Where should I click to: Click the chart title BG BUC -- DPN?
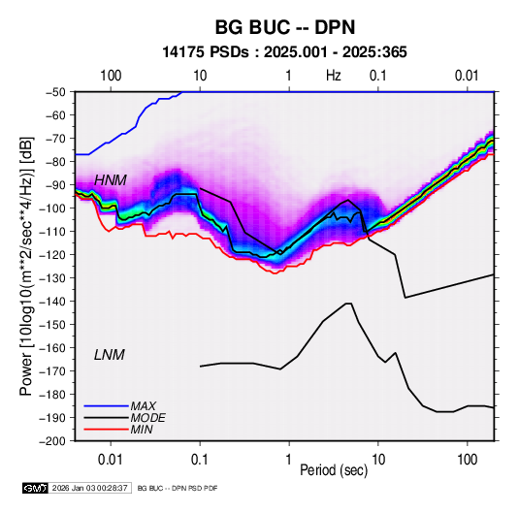(285, 27)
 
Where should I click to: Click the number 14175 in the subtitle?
(183, 52)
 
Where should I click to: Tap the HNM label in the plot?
(111, 180)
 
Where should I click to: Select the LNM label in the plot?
(110, 355)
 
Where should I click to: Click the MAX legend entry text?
(144, 406)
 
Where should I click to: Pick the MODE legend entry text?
(148, 418)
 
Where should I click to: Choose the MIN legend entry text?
(142, 430)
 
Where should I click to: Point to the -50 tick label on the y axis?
(56, 92)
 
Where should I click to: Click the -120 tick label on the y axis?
(53, 254)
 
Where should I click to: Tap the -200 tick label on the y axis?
(53, 441)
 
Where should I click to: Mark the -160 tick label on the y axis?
(53, 348)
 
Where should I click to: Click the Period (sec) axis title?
(334, 470)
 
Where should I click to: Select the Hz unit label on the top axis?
(334, 76)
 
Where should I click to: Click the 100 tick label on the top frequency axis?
(111, 76)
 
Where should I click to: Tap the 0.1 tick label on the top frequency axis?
(378, 76)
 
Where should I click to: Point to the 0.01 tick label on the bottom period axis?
(111, 460)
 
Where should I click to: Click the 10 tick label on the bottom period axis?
(378, 460)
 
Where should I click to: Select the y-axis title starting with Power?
(27, 266)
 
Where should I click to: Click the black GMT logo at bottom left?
(35, 488)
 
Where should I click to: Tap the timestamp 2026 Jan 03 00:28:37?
(89, 488)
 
